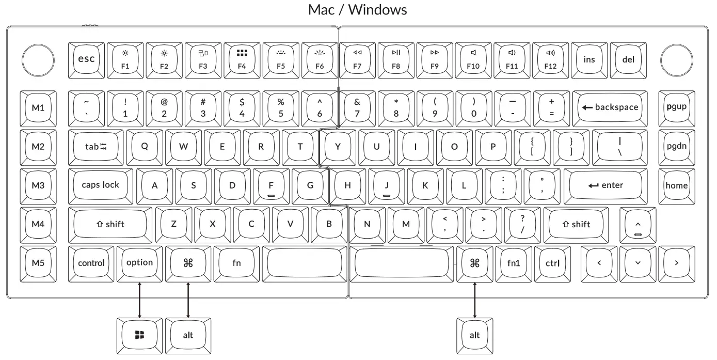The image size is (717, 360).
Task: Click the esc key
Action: [x=86, y=59]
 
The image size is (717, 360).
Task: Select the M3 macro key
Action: [x=38, y=185]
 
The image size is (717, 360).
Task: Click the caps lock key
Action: [x=101, y=185]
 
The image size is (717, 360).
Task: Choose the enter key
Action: [x=605, y=185]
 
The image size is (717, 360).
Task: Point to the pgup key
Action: [x=677, y=107]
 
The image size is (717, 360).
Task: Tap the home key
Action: [x=677, y=185]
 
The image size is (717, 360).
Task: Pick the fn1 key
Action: [x=514, y=262]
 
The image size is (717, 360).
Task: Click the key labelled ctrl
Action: [x=552, y=262]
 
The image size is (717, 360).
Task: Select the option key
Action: [x=140, y=262]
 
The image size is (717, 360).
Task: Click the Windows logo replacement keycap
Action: [x=139, y=335]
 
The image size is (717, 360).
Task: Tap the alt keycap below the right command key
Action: [x=474, y=335]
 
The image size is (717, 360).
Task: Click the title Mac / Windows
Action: [x=358, y=10]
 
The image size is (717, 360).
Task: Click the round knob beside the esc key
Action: [x=39, y=59]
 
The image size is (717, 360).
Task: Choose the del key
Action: [x=628, y=59]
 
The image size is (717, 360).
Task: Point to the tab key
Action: [x=95, y=146]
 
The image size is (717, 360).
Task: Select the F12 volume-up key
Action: [x=551, y=59]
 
